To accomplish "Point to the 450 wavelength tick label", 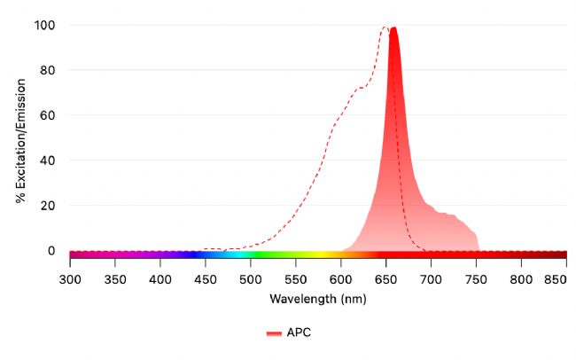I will coord(206,280).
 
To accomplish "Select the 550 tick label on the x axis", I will coord(296,280).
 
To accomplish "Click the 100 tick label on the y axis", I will coord(44,25).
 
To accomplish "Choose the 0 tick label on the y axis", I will coord(51,251).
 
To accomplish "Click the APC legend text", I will coord(299,333).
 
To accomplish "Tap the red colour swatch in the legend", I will coord(273,333).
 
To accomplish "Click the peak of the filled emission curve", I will coord(393,27).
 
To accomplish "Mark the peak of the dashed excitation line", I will coord(384,27).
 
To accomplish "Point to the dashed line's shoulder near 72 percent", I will coord(361,88).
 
